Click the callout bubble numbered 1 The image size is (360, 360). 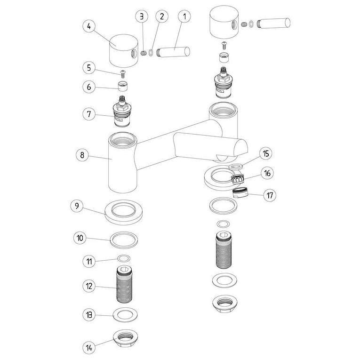[x=184, y=16]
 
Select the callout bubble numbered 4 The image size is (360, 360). [x=87, y=26]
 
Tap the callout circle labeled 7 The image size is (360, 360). [x=87, y=114]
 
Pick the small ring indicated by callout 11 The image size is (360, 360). [x=124, y=258]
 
